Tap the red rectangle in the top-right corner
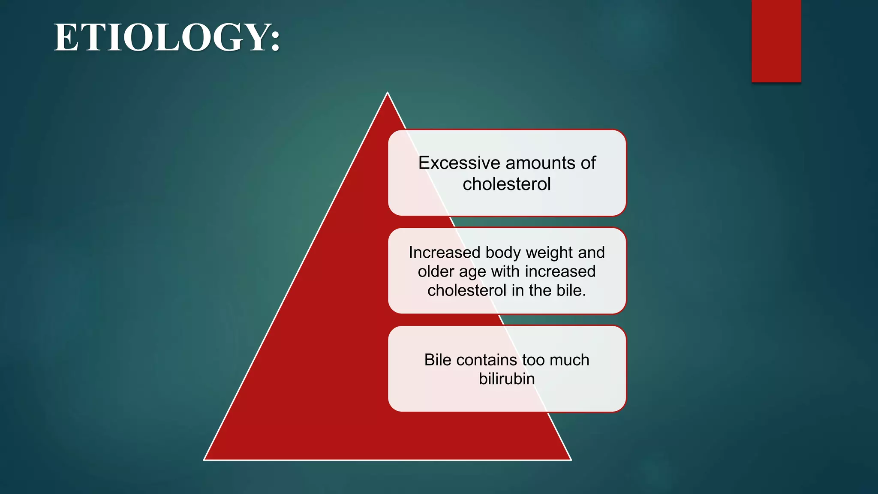(x=776, y=41)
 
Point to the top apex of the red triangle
(x=388, y=93)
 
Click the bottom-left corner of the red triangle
(x=205, y=459)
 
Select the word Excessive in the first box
(x=450, y=163)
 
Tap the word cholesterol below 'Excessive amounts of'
(x=507, y=184)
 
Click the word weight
(x=549, y=253)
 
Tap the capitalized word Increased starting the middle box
(x=445, y=253)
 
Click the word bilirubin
(x=507, y=379)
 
